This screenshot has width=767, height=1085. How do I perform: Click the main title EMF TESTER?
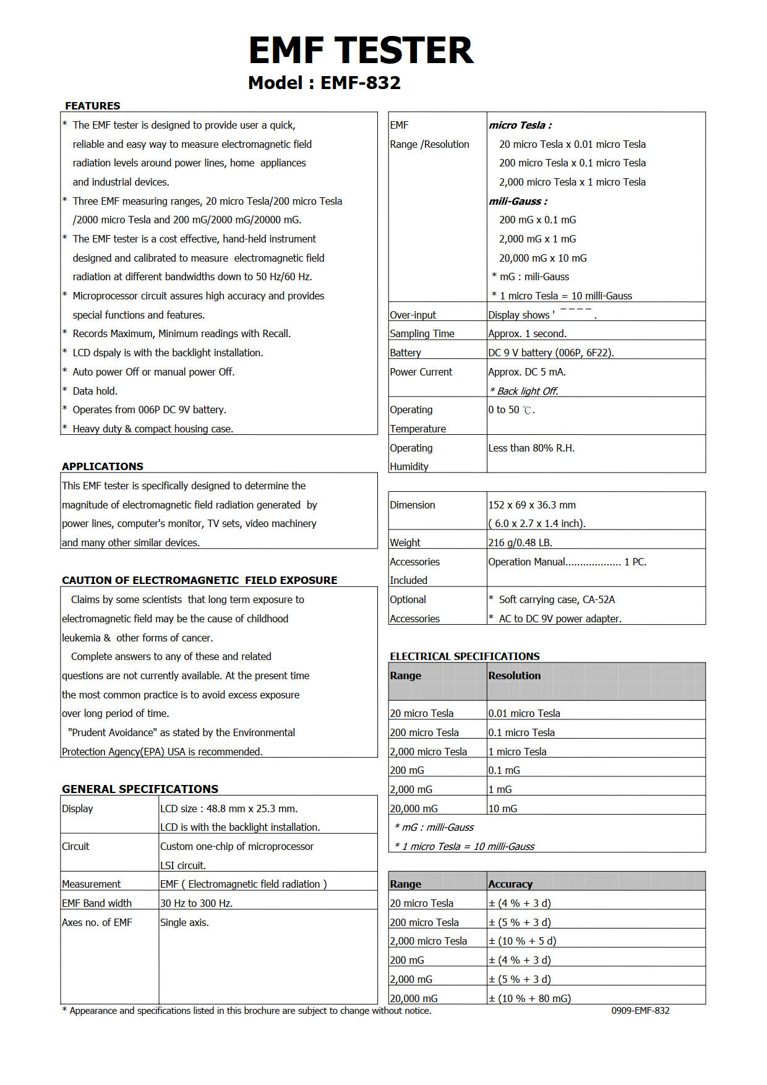(x=361, y=51)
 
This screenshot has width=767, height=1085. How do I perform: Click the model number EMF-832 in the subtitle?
(x=361, y=83)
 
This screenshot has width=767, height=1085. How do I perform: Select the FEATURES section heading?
(x=93, y=106)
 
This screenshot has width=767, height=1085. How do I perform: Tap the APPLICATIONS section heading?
(x=103, y=466)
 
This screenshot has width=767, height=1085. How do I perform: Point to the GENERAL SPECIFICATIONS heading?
(x=140, y=789)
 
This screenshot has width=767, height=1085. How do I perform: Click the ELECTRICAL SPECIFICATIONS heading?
(x=465, y=656)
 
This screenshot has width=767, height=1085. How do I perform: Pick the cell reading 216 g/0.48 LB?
(x=520, y=542)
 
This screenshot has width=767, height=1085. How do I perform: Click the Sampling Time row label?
(x=422, y=333)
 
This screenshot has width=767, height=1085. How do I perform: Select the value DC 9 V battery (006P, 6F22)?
(x=551, y=353)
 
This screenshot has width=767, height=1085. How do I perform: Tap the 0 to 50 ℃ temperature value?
(x=511, y=410)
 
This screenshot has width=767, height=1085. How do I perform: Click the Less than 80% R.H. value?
(x=531, y=448)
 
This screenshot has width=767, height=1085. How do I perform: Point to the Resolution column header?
(x=514, y=675)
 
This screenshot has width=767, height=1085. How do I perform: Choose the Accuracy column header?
(x=510, y=884)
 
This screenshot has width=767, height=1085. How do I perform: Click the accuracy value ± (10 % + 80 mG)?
(x=529, y=998)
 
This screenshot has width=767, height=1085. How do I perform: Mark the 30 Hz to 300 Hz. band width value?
(x=196, y=903)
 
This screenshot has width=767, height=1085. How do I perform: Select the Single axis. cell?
(x=184, y=922)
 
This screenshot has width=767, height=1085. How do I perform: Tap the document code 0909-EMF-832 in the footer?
(x=640, y=1010)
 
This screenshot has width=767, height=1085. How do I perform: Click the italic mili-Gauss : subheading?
(x=518, y=201)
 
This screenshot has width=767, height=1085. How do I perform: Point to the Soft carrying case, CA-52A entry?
(x=557, y=599)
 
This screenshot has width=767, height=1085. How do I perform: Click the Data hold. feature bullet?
(x=95, y=391)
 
